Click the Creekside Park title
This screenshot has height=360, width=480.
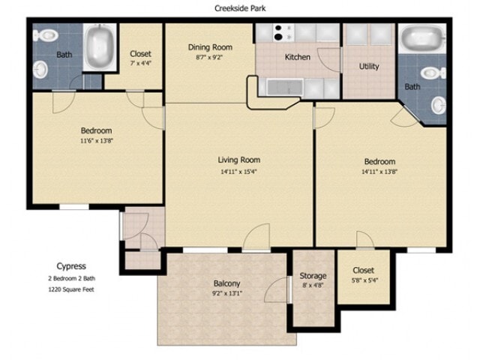coord(240,8)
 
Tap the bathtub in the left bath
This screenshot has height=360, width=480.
coord(99,46)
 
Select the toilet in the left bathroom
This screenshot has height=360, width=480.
coord(45,35)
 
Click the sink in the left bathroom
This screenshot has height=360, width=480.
coord(40,69)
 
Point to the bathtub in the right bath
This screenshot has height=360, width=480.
coord(422,38)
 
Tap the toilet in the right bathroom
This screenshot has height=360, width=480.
coord(433,73)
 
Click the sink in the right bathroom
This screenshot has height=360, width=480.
coord(439,105)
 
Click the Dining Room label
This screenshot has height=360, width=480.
coord(210,47)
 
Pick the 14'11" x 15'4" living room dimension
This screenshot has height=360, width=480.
coord(238,172)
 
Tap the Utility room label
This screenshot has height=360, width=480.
coord(369,67)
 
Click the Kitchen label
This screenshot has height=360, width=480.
coord(297,57)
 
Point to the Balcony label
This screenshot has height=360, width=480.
coord(226,283)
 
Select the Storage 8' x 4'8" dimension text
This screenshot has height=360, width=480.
coord(313,285)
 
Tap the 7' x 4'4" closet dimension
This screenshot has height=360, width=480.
coord(141,63)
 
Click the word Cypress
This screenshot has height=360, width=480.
coord(71,266)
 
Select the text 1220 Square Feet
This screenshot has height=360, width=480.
coord(71,289)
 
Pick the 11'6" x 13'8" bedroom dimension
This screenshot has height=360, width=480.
coord(97,141)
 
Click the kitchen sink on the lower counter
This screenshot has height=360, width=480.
coord(285,87)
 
